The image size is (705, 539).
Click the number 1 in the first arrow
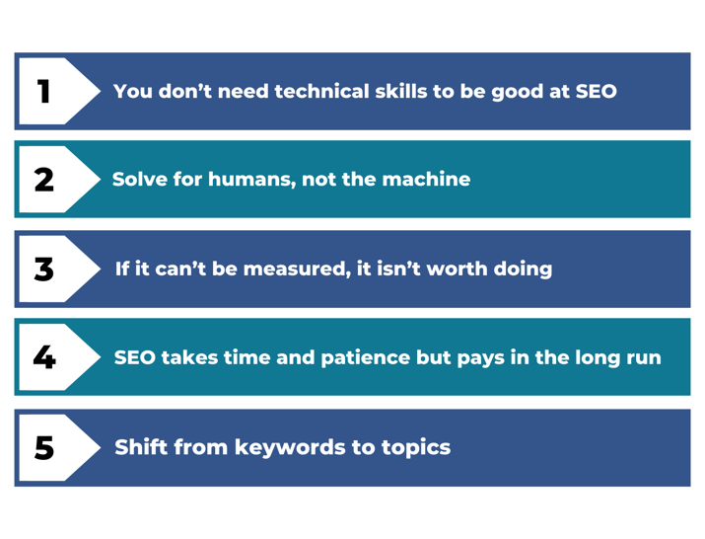(x=43, y=92)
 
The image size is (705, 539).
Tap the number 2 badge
(x=44, y=180)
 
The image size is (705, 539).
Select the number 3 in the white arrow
(x=44, y=269)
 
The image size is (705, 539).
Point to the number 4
(x=44, y=357)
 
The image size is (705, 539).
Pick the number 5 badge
(x=44, y=447)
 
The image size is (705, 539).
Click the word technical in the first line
(x=321, y=92)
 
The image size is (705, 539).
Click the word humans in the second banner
(x=251, y=180)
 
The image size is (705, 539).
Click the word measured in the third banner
(x=297, y=269)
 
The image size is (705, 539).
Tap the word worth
(x=457, y=269)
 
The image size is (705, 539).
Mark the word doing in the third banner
(x=523, y=269)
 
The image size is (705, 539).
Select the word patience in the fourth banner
(x=366, y=358)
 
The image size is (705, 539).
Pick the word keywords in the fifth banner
(x=290, y=448)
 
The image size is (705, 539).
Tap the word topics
(x=416, y=448)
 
